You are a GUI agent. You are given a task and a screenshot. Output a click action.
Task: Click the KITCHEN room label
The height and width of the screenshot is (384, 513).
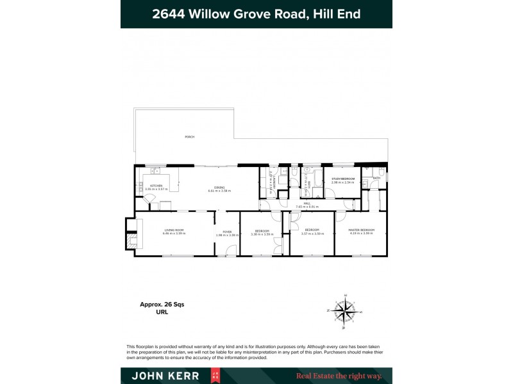point(156,185)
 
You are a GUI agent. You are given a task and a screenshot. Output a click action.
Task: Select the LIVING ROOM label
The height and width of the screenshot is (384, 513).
point(174,231)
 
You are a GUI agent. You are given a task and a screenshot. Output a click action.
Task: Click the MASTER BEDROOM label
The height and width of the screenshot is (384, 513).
point(361,230)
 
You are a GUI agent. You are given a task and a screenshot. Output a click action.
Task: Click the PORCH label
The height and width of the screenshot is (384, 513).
point(189,137)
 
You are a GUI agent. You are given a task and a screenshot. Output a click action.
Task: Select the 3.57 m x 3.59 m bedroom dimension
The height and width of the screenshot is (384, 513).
point(312,234)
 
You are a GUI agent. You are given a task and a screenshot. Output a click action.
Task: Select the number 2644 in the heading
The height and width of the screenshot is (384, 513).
point(169,13)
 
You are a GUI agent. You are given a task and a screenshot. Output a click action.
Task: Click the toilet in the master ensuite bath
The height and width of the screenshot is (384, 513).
point(381,172)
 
